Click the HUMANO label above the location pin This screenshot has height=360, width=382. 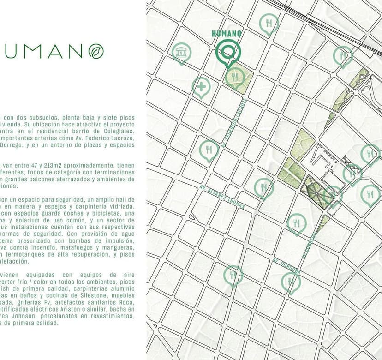227,33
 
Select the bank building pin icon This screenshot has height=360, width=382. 181,53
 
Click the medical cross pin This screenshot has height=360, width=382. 201,86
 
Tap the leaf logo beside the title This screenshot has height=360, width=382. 96,51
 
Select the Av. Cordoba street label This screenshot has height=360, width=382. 287,266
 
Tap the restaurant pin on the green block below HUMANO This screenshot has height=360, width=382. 236,77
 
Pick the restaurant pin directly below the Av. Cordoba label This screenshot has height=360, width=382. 291,282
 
